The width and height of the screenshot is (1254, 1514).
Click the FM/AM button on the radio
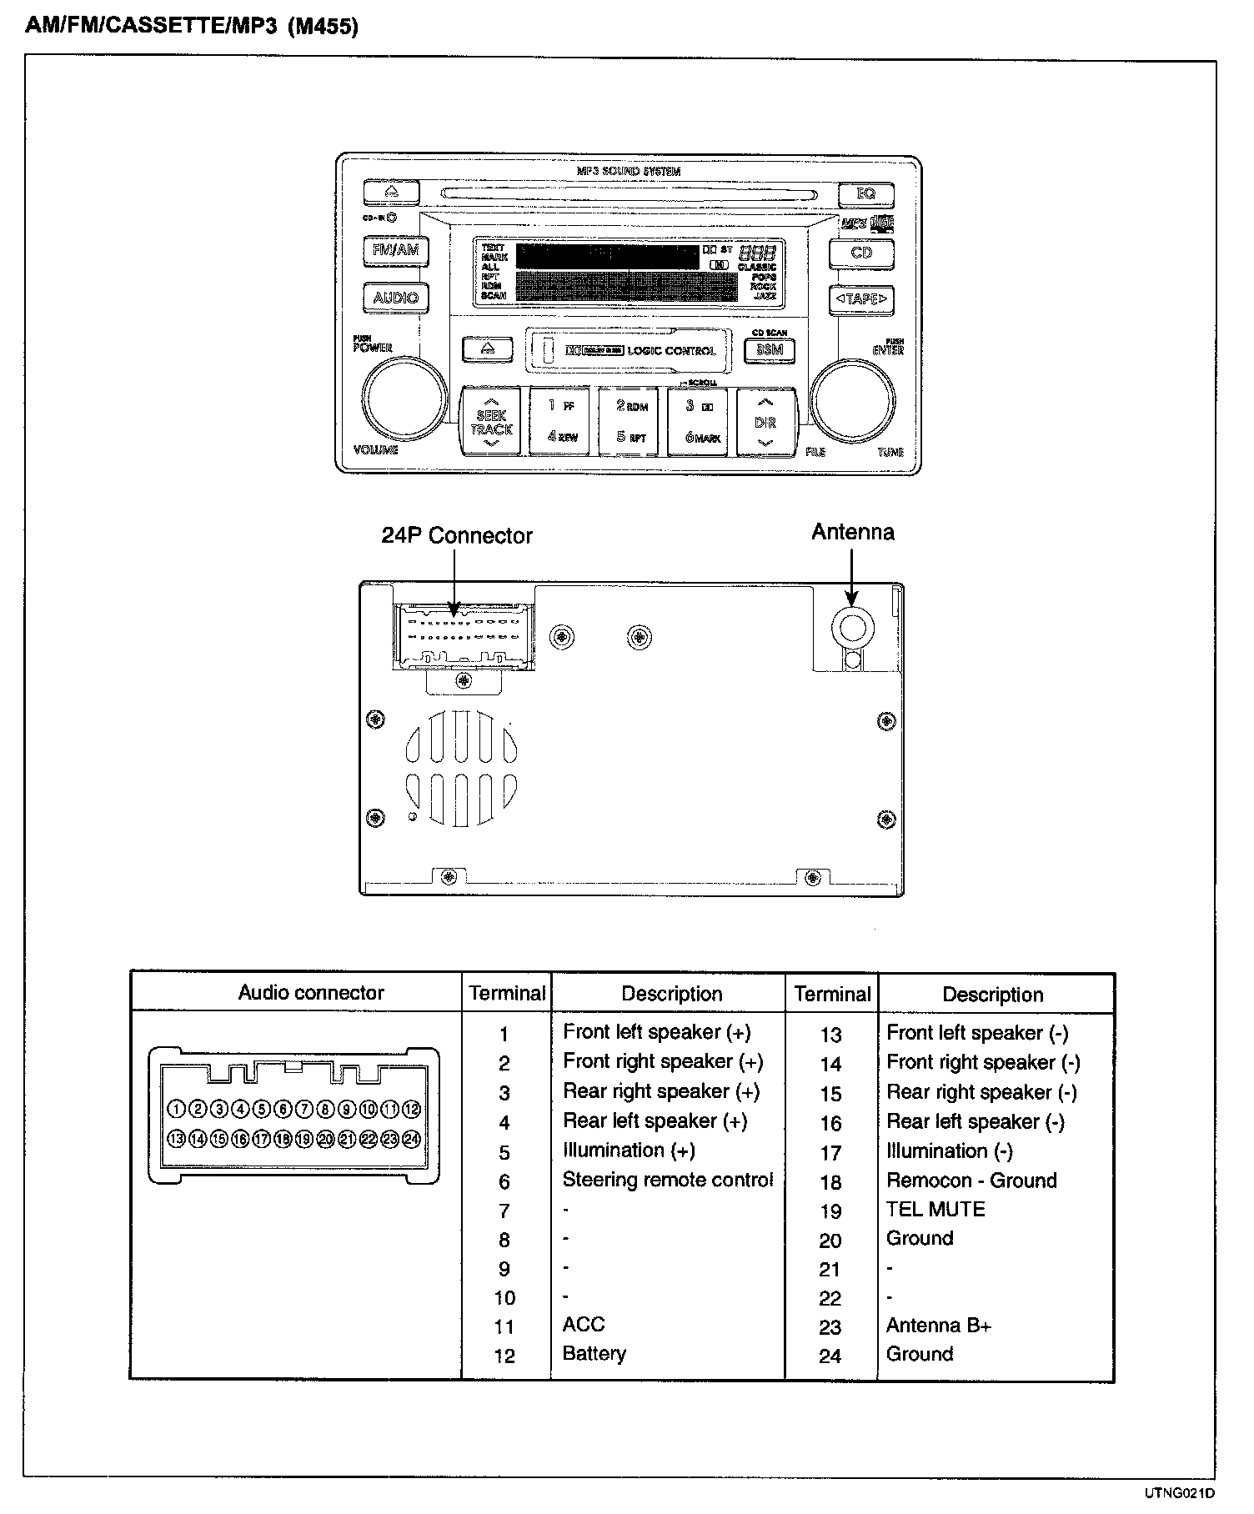pos(396,251)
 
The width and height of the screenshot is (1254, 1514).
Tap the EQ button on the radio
pos(865,194)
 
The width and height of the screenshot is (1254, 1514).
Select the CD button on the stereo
pos(861,253)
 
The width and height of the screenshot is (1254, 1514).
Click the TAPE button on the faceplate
pos(861,298)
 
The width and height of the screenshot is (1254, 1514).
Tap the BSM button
pos(769,350)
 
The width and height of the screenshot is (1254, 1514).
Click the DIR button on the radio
pos(765,423)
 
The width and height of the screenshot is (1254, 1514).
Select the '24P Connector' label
pos(457,535)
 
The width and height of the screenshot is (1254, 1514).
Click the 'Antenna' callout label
pos(852,532)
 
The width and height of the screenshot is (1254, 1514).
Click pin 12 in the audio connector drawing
pos(411,1110)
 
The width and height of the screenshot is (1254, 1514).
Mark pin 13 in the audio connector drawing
pos(176,1139)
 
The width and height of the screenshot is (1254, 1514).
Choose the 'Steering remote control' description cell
pos(667,1180)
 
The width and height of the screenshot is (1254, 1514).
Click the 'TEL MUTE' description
pos(935,1209)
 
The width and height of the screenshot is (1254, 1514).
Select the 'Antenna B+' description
pos(939,1326)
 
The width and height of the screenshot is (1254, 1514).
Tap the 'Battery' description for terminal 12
pos(594,1354)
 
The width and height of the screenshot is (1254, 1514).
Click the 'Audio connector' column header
pos(311,993)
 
